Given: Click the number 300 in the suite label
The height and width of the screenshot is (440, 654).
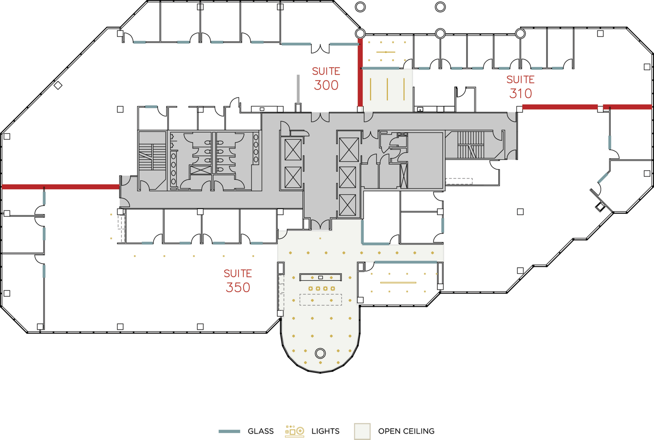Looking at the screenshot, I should (x=326, y=85).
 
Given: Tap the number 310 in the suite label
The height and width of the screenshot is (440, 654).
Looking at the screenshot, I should (x=520, y=94).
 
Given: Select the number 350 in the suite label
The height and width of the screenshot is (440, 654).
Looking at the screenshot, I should (x=238, y=288).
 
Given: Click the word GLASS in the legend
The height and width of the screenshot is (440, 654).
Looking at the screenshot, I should (x=261, y=431).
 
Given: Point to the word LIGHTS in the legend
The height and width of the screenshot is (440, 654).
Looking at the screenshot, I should (x=325, y=431).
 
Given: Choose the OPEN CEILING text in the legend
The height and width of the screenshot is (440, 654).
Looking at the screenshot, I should (x=406, y=431).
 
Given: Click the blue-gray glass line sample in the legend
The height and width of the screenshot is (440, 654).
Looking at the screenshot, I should (x=229, y=431).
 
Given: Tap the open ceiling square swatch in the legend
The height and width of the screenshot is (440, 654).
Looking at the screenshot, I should (x=362, y=431).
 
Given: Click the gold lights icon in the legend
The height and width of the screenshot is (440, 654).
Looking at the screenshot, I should (x=295, y=431).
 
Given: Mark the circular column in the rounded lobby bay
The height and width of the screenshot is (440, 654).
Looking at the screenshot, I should (x=320, y=353).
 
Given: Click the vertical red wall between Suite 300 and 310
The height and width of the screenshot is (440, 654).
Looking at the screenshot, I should (x=360, y=73).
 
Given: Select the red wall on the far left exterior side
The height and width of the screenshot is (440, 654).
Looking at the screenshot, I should (x=60, y=187).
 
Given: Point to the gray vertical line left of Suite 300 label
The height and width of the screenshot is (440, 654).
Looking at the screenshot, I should (x=298, y=89).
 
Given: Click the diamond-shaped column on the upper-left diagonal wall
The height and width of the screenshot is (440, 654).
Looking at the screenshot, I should (x=58, y=86).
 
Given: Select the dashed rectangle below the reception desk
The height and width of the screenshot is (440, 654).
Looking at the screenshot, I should (x=320, y=300).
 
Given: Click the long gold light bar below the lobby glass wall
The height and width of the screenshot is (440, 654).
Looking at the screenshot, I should (x=398, y=282).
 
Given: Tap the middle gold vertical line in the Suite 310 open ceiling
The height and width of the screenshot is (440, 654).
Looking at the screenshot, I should (x=387, y=89).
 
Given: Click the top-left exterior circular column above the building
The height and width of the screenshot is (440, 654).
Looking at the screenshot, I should (x=360, y=7).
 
